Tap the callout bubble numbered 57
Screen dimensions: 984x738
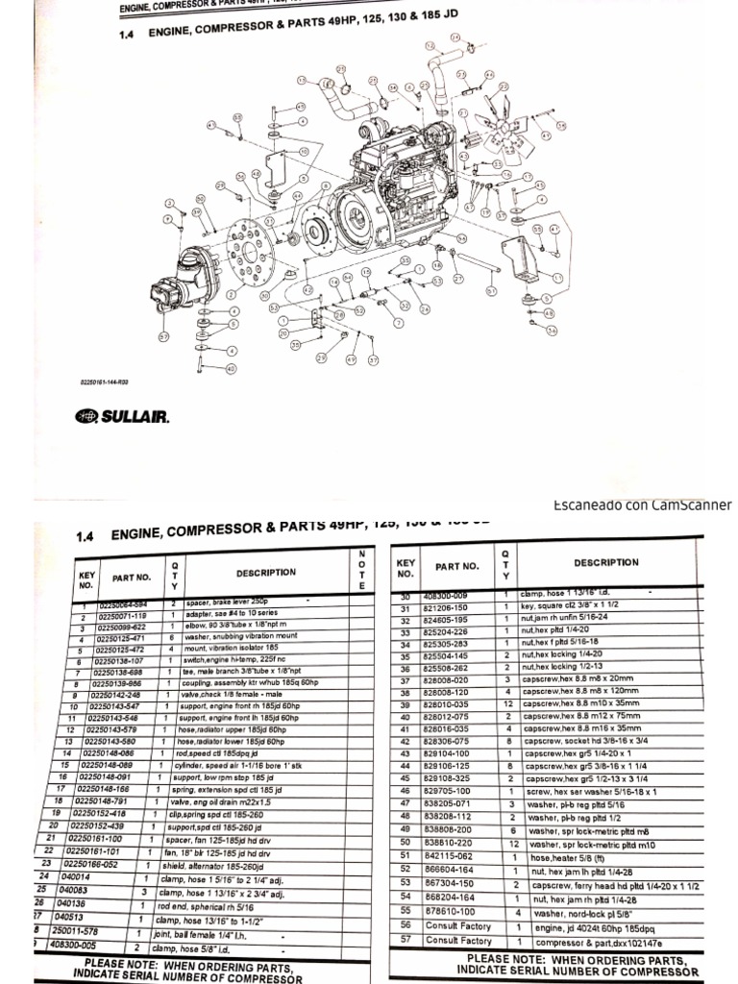tap(163, 337)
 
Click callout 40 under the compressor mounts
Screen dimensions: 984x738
tap(231, 368)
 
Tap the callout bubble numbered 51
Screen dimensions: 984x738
tap(491, 290)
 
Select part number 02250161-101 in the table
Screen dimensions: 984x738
tap(93, 850)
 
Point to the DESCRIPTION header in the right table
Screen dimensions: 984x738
tap(605, 563)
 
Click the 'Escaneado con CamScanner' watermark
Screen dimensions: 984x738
tap(642, 505)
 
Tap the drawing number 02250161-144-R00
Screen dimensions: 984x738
tap(104, 381)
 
